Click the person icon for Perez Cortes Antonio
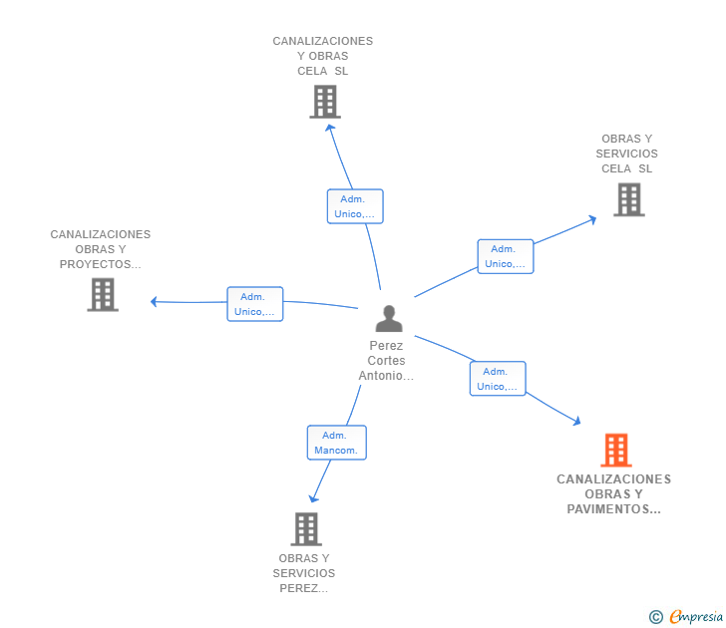(x=389, y=318)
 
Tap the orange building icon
(x=616, y=450)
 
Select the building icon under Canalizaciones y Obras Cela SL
(x=325, y=102)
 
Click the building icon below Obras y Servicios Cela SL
(x=629, y=200)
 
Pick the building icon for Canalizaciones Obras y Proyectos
(x=103, y=295)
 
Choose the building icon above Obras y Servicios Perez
(x=306, y=529)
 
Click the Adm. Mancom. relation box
(x=337, y=443)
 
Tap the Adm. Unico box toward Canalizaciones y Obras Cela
(x=355, y=206)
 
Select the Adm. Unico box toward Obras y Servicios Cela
(x=506, y=256)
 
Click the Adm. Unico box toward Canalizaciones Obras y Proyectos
(x=255, y=304)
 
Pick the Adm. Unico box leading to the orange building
(x=498, y=379)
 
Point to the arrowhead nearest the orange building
(x=576, y=421)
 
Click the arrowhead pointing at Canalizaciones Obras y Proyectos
(x=155, y=302)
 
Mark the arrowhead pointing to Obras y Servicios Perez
(x=313, y=498)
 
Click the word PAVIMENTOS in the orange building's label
(x=607, y=509)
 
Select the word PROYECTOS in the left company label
(x=96, y=264)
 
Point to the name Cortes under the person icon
(x=386, y=361)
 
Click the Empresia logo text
(x=696, y=617)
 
